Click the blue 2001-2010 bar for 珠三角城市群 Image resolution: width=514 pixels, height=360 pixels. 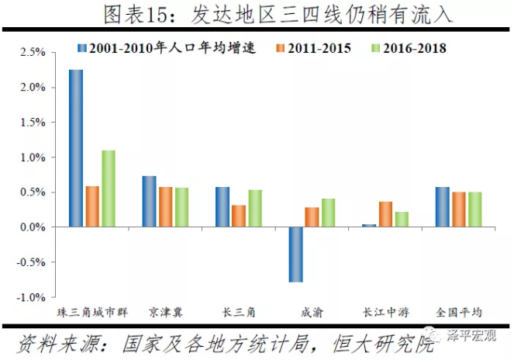click(76, 148)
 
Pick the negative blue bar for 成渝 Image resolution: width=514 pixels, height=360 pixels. click(295, 254)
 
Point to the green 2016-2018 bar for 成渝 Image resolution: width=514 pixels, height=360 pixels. click(329, 213)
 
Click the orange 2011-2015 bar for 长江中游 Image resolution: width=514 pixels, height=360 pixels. click(385, 214)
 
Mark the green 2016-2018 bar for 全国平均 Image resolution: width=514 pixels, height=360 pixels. click(474, 209)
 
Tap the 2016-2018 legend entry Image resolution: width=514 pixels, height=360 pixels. click(408, 48)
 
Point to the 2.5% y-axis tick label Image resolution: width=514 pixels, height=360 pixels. click(33, 53)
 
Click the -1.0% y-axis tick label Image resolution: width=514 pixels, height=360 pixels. click(31, 297)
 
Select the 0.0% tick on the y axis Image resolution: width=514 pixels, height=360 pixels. click(33, 227)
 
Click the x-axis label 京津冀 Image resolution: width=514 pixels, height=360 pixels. click(165, 313)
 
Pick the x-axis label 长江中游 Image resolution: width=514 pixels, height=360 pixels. click(385, 313)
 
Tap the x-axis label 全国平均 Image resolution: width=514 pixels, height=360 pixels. click(458, 313)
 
